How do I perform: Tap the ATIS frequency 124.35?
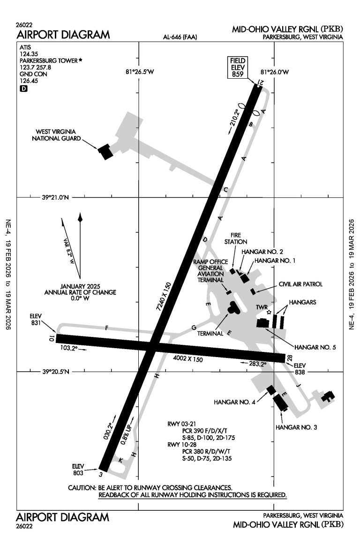(x=28, y=54)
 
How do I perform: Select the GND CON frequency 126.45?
(x=28, y=81)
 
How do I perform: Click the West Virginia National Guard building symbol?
(x=105, y=152)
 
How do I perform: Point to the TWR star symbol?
(x=269, y=312)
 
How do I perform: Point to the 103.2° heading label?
(x=69, y=348)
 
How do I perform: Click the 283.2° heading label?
(x=257, y=363)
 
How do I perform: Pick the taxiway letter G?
(x=193, y=328)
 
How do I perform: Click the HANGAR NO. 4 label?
(x=233, y=402)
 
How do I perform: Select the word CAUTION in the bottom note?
(x=82, y=488)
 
